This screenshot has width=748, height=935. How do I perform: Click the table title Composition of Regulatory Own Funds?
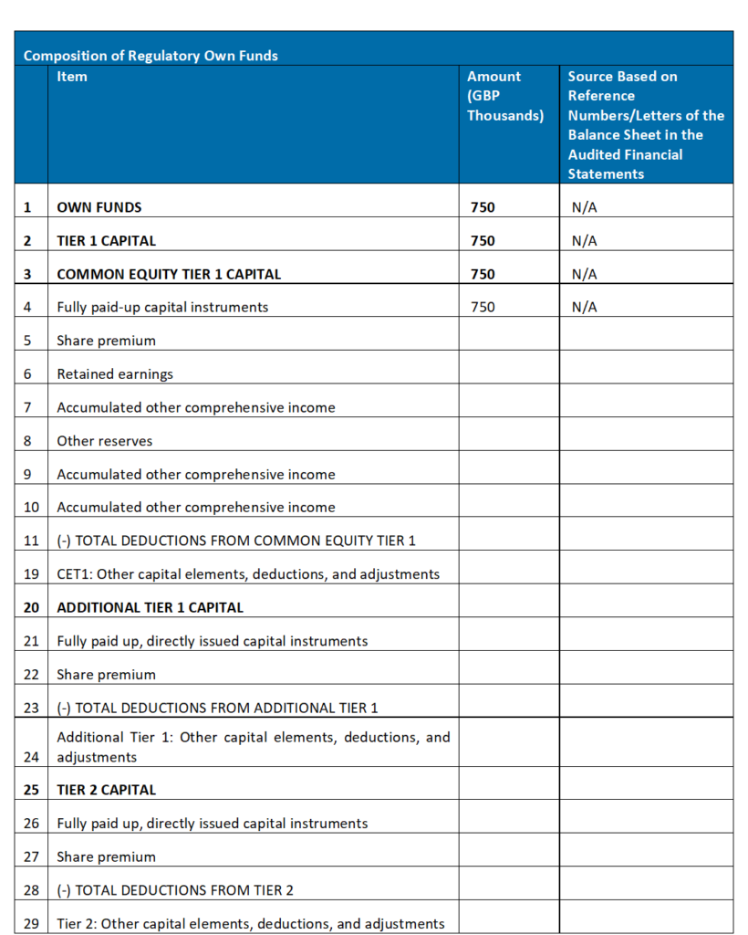(151, 56)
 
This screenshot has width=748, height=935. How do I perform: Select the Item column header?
(72, 77)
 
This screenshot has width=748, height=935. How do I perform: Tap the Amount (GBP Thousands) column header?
(505, 96)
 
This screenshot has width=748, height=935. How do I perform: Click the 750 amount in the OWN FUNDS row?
(483, 207)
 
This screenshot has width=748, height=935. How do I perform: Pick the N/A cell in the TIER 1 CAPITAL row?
(584, 241)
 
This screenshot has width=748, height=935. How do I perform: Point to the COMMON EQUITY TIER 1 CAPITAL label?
(169, 274)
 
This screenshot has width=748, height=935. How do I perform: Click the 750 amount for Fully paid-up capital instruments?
(483, 308)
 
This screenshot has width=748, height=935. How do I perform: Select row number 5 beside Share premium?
(27, 341)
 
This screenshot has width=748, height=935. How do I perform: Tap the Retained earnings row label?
(115, 374)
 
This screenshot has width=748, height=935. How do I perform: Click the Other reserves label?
(105, 441)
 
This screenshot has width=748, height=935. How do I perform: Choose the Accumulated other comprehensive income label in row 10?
(196, 508)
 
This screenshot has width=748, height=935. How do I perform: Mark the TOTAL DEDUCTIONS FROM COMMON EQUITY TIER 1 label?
(236, 541)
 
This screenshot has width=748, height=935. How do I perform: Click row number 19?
(31, 574)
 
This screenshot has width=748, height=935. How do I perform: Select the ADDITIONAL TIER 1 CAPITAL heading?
(150, 607)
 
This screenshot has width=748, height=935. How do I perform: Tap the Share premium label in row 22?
(106, 675)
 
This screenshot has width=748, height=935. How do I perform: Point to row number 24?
(31, 757)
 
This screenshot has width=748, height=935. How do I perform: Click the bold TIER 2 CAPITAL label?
(106, 790)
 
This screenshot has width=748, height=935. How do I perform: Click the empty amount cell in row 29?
(508, 923)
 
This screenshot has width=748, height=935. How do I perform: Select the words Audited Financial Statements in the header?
(636, 164)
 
